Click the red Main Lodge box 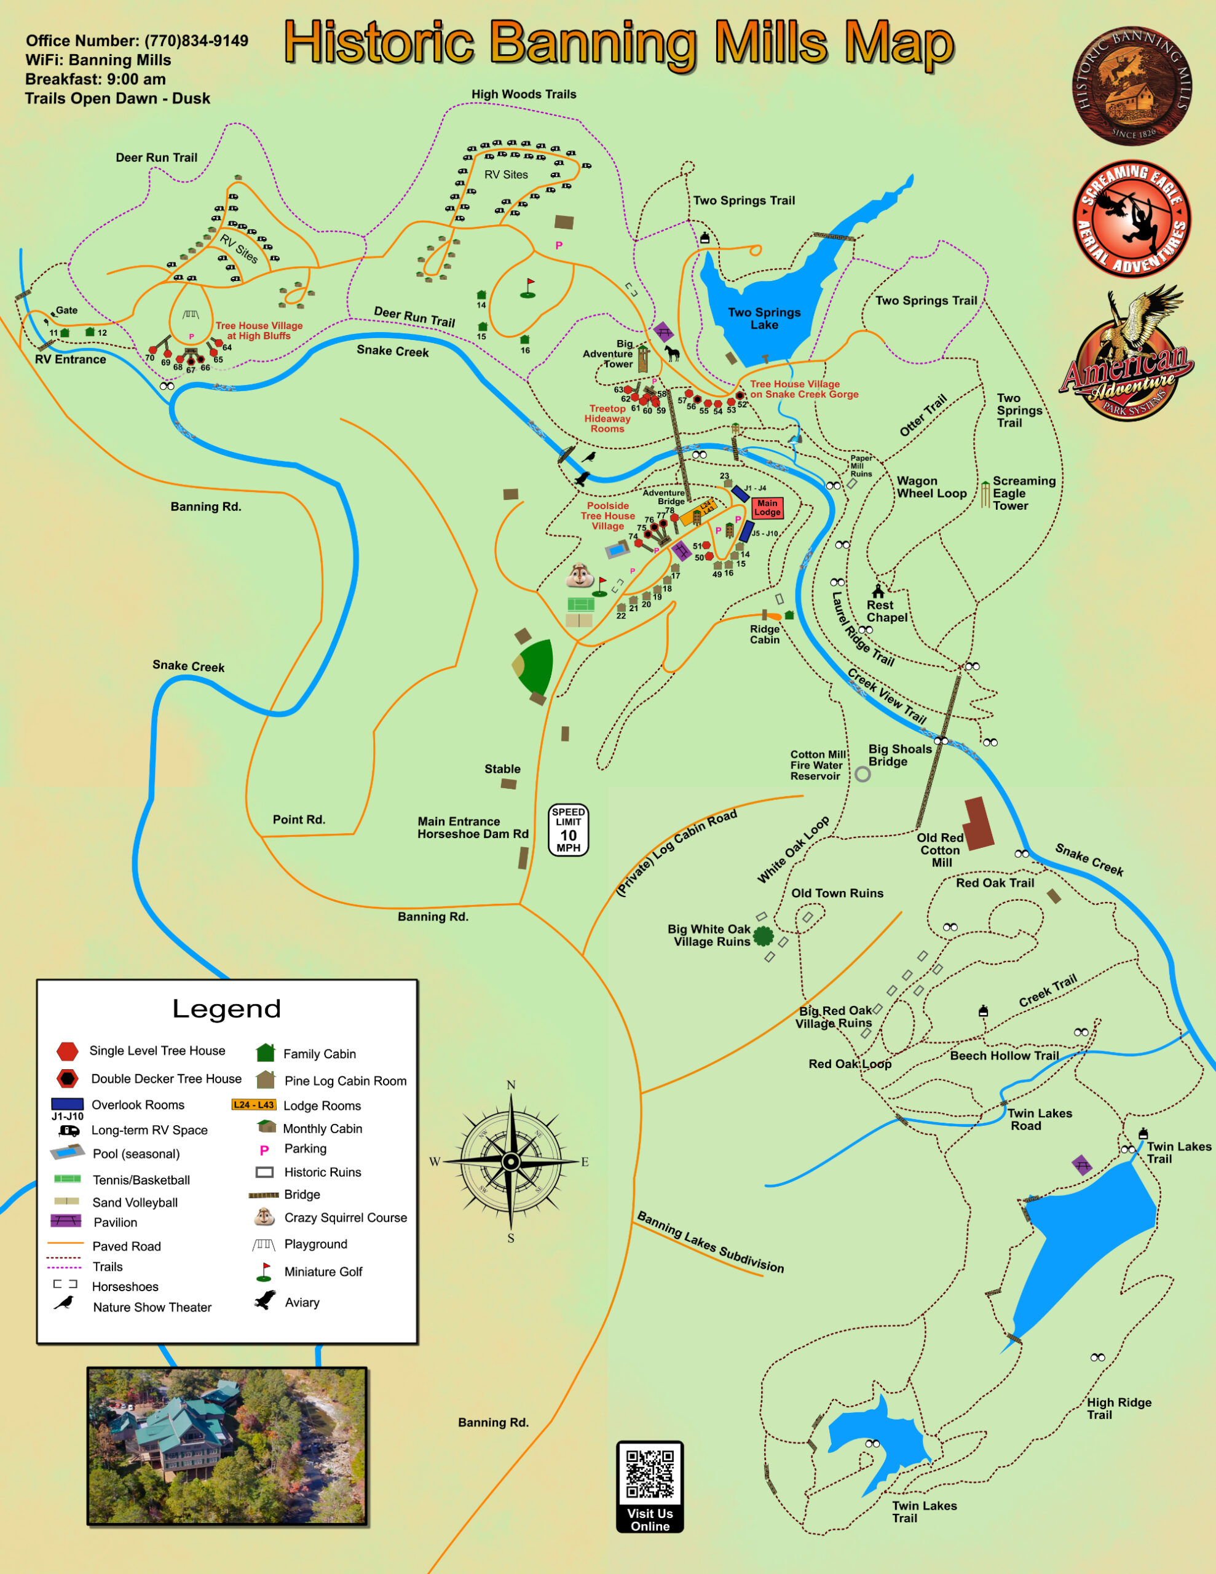point(767,508)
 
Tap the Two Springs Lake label point(764,318)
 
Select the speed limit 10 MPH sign point(568,830)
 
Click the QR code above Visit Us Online point(649,1474)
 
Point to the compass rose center point(511,1162)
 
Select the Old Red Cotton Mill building point(979,823)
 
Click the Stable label point(502,769)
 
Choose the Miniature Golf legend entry point(323,1271)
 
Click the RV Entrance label point(71,360)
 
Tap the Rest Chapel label point(886,611)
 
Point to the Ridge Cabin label point(765,635)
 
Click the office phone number point(196,41)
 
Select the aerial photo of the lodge point(227,1447)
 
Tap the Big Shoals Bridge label point(899,755)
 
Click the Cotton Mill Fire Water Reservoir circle point(862,774)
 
